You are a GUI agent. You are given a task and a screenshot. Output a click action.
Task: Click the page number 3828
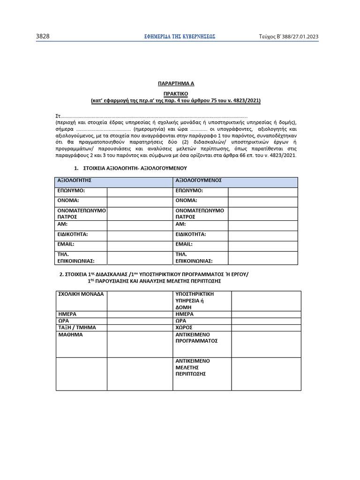coord(43,37)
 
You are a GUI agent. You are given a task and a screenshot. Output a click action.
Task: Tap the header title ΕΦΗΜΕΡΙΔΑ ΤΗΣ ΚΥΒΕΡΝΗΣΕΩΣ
coord(180,37)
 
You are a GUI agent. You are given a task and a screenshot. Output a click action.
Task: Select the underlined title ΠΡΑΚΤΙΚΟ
coord(175,93)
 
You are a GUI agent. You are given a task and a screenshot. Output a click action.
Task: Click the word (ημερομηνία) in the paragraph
coord(149,128)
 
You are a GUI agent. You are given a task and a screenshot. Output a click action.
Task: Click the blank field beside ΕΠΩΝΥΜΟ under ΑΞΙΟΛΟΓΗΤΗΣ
coord(139,192)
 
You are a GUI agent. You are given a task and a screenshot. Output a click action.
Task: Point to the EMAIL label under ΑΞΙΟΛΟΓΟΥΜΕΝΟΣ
coord(184,244)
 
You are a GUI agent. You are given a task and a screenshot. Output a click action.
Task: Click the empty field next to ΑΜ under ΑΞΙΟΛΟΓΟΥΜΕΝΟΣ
coord(262,225)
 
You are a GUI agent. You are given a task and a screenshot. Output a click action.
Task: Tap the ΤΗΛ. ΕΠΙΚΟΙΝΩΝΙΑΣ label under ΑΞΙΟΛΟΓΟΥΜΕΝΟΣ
coord(194,257)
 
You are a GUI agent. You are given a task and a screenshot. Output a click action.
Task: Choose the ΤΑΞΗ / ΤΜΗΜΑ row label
coord(77,327)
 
